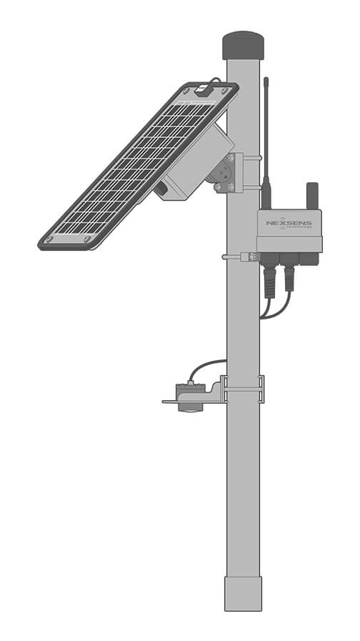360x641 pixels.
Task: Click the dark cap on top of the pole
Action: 243,45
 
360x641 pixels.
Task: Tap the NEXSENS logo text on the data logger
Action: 289,222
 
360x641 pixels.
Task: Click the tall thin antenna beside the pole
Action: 266,129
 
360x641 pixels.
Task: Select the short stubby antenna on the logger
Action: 312,194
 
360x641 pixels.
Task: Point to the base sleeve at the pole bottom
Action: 243,592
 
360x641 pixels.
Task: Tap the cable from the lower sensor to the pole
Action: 204,366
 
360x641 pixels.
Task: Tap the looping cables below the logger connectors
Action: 275,309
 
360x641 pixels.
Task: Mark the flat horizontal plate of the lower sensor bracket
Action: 182,402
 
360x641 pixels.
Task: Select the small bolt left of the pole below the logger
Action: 230,256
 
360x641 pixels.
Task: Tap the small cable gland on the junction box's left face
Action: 161,189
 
